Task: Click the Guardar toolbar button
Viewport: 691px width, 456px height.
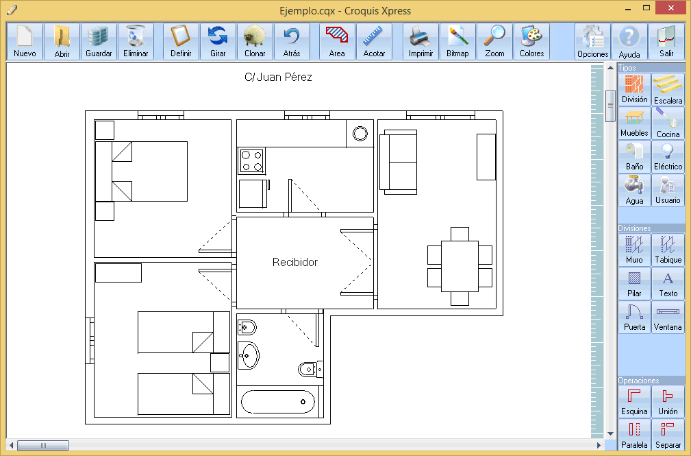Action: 99,42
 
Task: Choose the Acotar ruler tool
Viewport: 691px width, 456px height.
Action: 374,42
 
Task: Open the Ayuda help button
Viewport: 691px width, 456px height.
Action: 629,42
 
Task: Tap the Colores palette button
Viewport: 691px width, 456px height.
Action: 531,42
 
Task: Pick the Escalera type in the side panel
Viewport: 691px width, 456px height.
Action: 668,90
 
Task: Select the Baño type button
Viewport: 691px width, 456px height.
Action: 635,157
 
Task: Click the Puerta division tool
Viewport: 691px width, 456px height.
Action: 635,317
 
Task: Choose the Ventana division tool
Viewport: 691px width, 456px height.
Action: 668,317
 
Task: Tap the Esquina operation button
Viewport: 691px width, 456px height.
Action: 635,401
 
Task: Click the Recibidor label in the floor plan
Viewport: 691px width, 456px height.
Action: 294,262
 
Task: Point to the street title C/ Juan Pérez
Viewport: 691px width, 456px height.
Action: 278,77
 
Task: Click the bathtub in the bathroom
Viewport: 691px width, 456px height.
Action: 278,402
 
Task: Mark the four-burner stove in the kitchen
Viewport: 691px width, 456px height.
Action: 251,160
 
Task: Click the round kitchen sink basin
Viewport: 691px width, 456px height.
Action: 360,133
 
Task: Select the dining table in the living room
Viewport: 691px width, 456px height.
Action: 460,266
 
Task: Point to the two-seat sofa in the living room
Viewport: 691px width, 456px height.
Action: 399,162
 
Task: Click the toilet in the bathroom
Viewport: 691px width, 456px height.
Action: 310,369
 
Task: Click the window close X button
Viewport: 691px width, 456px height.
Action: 670,8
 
